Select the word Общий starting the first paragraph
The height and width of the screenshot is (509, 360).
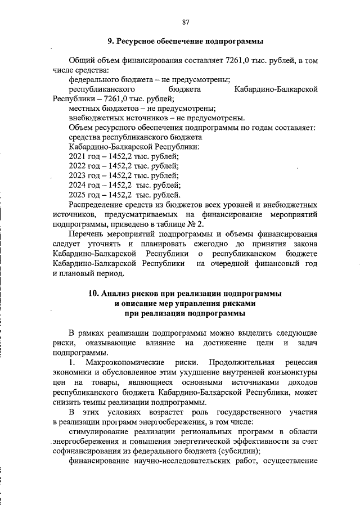[x=81, y=60]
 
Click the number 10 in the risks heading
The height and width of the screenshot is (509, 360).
[x=93, y=294]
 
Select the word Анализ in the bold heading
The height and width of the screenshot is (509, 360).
[x=118, y=294]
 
